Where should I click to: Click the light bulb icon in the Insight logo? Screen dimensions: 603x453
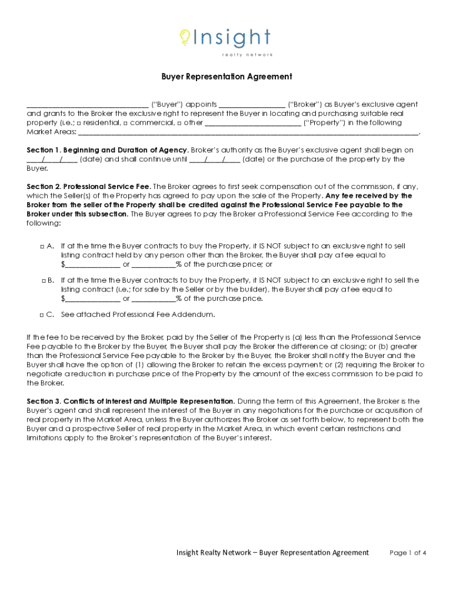point(185,38)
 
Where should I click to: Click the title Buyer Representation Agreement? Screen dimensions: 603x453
point(226,77)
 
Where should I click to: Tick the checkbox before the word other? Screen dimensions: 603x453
point(179,123)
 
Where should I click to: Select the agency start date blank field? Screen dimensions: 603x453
point(52,160)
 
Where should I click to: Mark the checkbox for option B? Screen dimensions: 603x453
point(44,280)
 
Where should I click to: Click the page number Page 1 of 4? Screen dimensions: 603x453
point(408,553)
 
